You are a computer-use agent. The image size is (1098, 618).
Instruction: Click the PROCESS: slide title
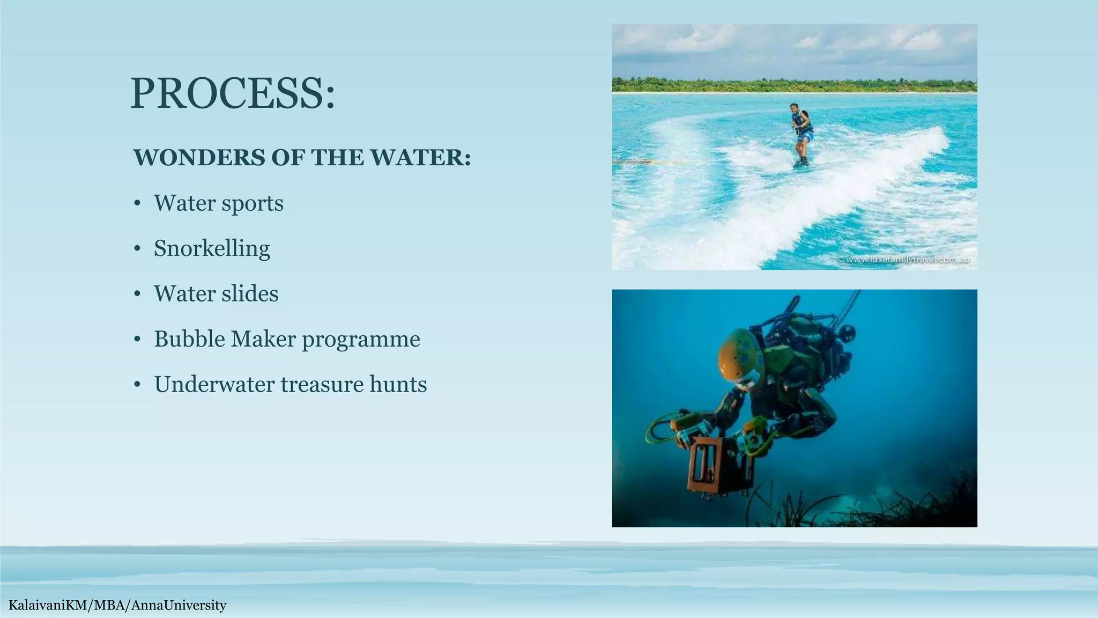point(232,94)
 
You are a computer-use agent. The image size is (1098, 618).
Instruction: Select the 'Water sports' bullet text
point(218,203)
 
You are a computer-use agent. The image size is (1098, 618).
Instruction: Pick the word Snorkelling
point(212,248)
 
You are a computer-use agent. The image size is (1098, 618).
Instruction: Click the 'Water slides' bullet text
point(216,294)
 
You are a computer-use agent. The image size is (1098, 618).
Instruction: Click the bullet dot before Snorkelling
point(138,249)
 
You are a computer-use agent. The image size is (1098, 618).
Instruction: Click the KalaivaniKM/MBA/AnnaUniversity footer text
point(117,606)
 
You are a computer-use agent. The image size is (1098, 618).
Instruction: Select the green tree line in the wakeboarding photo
point(793,85)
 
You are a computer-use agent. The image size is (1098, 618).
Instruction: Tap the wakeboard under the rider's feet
point(800,163)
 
